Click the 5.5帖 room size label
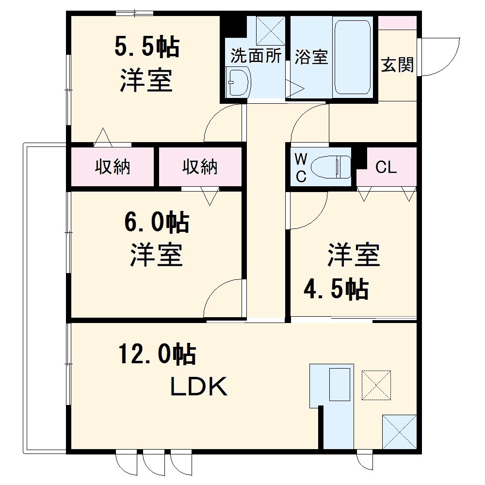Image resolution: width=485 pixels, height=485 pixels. point(147,48)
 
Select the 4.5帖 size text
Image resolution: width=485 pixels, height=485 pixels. point(336,290)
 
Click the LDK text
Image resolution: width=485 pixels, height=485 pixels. point(198,387)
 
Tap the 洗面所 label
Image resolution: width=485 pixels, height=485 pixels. point(256,56)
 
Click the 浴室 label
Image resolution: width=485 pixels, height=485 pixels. point(311,57)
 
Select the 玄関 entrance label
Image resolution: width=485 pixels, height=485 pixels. point(397,65)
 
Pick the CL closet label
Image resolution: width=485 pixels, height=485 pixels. point(386,168)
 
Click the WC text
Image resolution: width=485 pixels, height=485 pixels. point(301,168)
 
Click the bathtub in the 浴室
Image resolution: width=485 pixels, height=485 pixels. point(353,57)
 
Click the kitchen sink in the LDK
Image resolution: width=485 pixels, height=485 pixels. point(339,385)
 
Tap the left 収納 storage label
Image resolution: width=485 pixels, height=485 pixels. point(113,167)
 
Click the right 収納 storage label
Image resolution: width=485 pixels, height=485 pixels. point(200,167)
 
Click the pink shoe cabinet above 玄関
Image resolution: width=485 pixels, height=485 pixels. point(397,23)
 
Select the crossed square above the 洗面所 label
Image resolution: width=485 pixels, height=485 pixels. point(270,30)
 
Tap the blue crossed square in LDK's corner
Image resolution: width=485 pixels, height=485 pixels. point(399,431)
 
